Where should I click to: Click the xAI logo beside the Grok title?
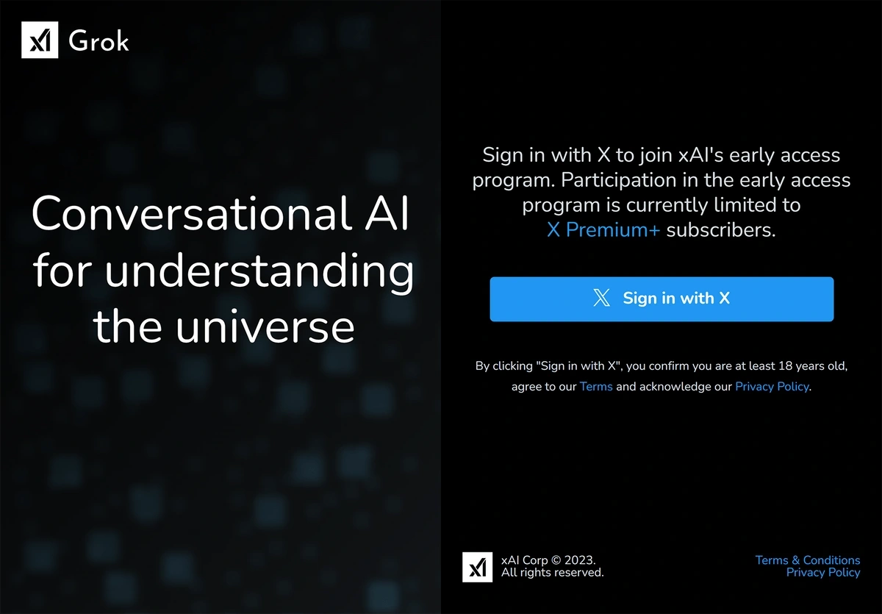click(40, 40)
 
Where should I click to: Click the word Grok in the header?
click(98, 40)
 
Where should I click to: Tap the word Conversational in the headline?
click(191, 213)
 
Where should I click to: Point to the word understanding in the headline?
click(259, 271)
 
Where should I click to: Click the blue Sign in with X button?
click(661, 299)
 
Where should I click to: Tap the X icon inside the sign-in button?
click(601, 298)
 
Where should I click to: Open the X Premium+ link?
click(603, 229)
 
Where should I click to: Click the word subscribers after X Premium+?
click(721, 229)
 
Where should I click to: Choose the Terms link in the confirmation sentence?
click(596, 386)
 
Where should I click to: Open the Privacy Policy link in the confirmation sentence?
click(772, 386)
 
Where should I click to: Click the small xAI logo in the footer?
click(477, 567)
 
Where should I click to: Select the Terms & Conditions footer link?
click(808, 560)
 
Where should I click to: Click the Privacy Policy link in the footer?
click(823, 572)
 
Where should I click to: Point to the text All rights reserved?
click(553, 572)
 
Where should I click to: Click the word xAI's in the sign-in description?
click(701, 154)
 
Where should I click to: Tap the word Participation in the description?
click(619, 180)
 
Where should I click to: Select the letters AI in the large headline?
click(387, 213)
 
